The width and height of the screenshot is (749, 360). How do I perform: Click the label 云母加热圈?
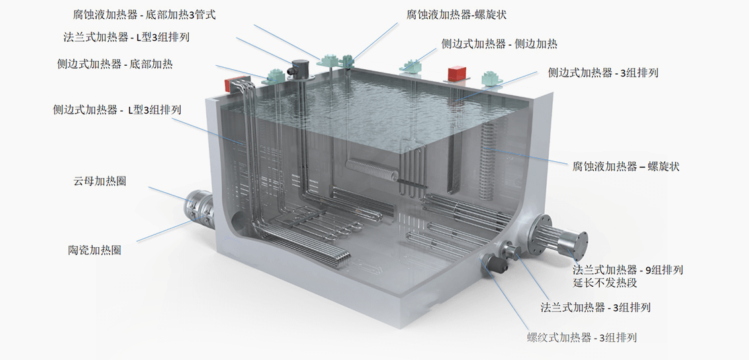click(x=100, y=181)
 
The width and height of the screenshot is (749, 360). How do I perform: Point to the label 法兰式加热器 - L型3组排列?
click(x=126, y=37)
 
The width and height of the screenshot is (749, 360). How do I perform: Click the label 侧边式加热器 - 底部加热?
click(x=115, y=64)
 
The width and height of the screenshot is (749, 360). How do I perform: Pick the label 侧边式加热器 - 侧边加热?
click(x=499, y=44)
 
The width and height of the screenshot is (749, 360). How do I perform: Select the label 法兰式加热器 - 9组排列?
click(x=627, y=270)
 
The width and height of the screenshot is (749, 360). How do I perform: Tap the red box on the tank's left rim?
click(x=234, y=84)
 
